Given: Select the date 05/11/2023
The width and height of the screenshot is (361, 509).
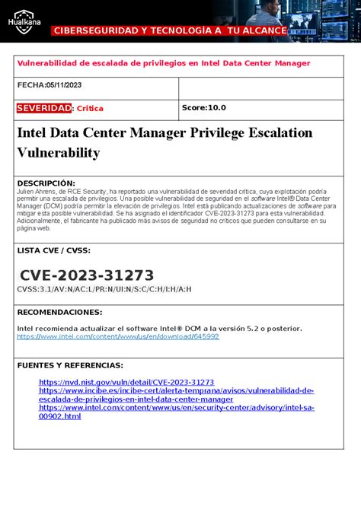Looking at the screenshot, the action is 63,86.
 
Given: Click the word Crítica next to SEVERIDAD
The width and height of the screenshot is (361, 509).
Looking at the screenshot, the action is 90,109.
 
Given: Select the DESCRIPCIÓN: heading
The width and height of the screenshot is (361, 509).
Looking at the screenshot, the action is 46,183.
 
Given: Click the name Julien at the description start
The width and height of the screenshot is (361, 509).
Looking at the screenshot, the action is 27,192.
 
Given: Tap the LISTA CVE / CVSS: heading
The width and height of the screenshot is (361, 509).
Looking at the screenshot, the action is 53,250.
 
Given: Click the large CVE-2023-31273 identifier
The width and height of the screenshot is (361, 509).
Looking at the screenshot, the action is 87,275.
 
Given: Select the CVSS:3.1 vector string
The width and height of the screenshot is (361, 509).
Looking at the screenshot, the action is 104,289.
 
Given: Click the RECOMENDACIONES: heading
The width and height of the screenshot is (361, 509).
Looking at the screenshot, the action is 59,312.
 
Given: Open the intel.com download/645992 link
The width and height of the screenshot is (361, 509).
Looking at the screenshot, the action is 118,336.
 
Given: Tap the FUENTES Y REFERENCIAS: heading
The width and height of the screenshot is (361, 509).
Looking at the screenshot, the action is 70,365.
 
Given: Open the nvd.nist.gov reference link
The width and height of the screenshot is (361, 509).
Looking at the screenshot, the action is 126,382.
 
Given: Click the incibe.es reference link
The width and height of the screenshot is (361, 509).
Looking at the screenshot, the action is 176,390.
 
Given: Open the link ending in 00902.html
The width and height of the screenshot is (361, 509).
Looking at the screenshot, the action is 59,416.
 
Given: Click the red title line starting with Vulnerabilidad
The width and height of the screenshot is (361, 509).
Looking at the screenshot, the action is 164,63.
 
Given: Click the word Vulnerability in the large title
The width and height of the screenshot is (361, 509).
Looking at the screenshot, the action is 59,153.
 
